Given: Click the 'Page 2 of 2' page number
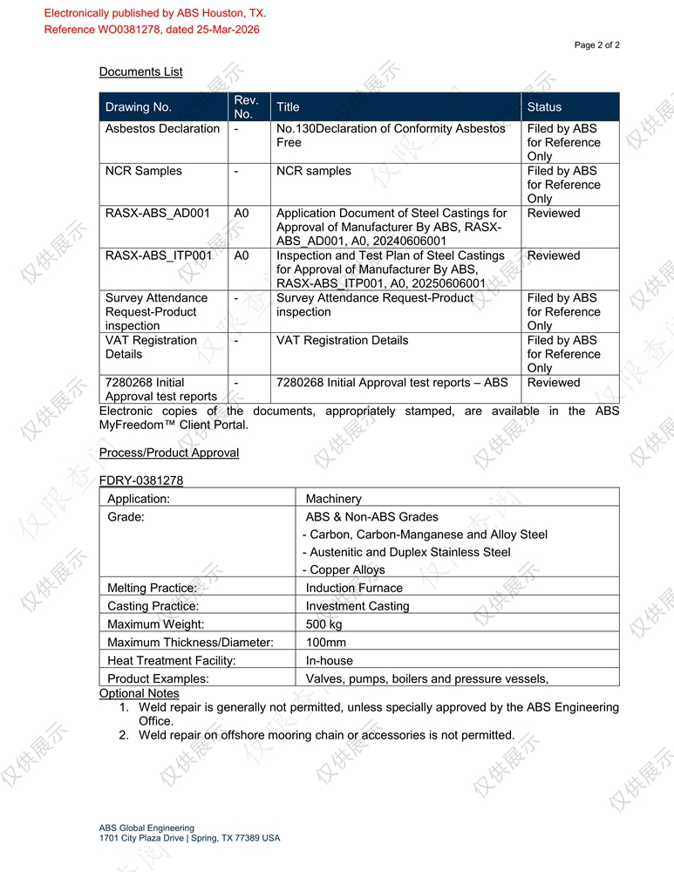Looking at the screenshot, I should coord(597,45).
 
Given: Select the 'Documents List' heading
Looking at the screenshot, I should coord(140,72).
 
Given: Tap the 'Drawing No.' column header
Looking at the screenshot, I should coord(139,107).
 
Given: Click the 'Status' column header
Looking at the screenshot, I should coord(544,107).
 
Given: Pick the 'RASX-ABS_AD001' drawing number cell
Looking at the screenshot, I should coord(158,214).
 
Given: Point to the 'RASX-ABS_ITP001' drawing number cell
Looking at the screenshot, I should coord(159,255).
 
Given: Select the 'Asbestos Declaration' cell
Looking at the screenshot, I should coord(162,129).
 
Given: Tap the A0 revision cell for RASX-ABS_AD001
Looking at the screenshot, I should coord(242,214).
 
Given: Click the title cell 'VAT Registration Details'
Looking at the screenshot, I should coord(342,340).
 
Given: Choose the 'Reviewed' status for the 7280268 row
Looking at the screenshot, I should coord(553,383).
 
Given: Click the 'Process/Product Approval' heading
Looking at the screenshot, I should coord(169,453).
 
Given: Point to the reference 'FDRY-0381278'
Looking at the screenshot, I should coord(141,480).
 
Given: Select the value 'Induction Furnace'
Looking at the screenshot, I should coord(353,589).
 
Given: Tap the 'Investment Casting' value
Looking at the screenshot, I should coord(357,606).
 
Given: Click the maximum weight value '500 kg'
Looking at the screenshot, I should coord(324,624).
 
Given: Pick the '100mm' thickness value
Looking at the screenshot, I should coord(326,643).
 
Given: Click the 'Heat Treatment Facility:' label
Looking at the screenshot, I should coord(172,661).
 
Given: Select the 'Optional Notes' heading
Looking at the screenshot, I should coord(140,693).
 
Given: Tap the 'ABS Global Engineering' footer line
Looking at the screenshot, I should coord(146,828).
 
